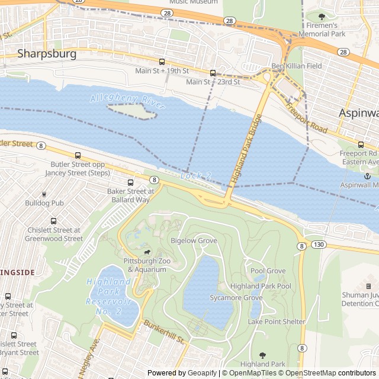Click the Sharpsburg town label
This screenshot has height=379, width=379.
coord(47,54)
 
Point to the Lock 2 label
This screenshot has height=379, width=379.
coord(195,176)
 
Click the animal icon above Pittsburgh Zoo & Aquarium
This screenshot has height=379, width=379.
coord(146,252)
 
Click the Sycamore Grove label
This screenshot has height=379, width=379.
coord(235,298)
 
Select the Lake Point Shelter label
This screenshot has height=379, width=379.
coord(277,322)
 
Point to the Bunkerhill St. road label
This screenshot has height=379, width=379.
coord(165,333)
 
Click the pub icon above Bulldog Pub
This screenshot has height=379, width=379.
coord(44,194)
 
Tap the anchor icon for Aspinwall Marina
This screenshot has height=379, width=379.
coord(367,176)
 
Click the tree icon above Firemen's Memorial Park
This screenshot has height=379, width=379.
coord(322,17)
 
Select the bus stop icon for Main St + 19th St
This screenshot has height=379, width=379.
coord(162,62)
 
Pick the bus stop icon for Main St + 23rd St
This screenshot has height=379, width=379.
coord(213,73)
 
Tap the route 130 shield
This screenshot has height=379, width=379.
coord(319,245)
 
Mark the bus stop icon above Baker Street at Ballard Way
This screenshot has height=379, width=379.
coord(130,182)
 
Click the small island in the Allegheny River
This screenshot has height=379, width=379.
coord(131,111)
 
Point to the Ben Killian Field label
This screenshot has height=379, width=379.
coord(296,66)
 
